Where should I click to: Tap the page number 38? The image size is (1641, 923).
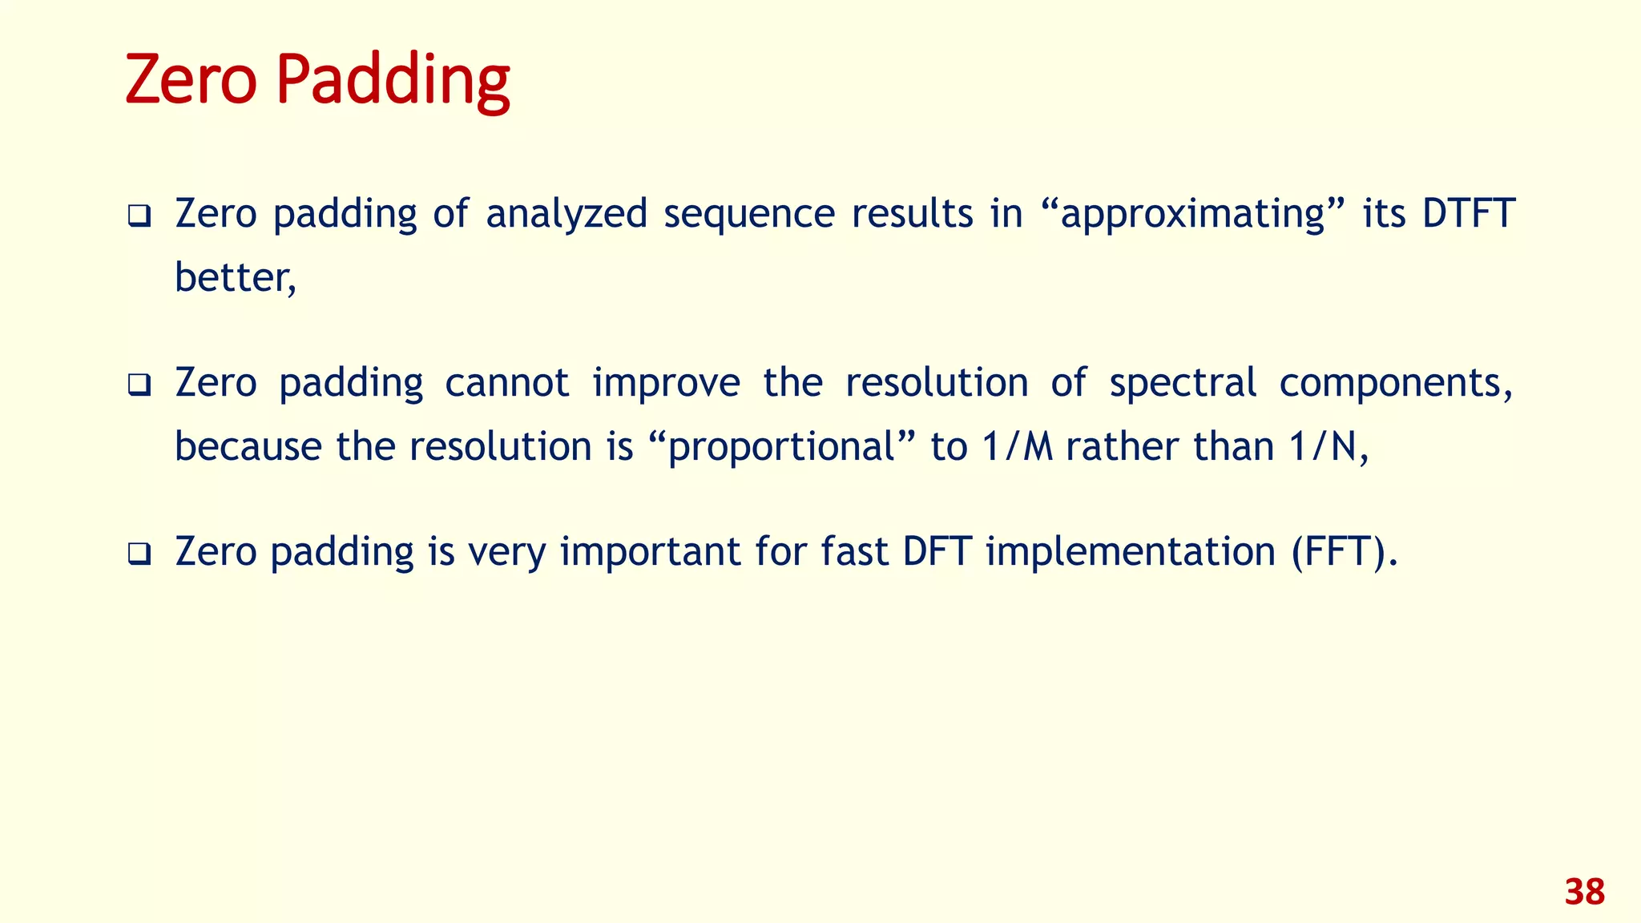coord(1584,892)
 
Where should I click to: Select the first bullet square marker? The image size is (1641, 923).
coord(139,216)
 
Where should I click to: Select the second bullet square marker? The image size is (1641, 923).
coord(139,385)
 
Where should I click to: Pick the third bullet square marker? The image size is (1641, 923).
coord(139,554)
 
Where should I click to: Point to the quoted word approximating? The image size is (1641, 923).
coord(1192,214)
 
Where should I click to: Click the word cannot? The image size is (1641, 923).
coord(506,383)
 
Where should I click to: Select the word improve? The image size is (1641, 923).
coord(666,383)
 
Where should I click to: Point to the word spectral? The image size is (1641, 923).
coord(1182,383)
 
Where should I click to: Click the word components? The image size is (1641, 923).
coord(1394,383)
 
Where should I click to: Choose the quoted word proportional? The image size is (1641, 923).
coord(780,447)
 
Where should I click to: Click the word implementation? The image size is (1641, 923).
coord(1131,552)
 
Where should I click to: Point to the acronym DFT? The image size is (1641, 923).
coord(937,552)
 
